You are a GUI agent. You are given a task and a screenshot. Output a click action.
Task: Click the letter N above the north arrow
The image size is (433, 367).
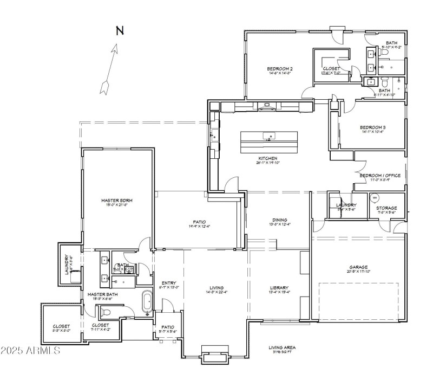click(120, 31)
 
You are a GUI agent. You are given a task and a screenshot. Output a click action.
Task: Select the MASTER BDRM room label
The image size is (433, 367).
click(116, 201)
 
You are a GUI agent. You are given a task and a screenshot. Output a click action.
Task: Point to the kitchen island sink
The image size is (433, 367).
click(268, 136)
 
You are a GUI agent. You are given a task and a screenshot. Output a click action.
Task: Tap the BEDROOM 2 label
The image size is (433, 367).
click(280, 69)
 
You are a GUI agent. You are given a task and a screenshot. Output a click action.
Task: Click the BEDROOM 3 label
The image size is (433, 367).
click(373, 128)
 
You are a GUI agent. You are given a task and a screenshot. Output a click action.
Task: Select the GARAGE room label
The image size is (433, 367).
click(358, 267)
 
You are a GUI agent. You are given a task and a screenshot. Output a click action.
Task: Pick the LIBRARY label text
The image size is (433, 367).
click(279, 288)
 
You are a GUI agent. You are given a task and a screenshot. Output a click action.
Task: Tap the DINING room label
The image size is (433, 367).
click(280, 220)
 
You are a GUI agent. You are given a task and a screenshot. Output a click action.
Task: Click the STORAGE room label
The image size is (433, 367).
click(386, 208)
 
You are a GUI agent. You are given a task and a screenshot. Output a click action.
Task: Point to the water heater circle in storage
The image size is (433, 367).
click(373, 198)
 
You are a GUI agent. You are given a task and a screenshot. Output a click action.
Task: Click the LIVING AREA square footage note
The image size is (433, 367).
click(282, 347)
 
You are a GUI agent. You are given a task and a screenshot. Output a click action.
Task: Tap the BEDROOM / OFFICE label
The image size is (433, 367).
click(379, 176)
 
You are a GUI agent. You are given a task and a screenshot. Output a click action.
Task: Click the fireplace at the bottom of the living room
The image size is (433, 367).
click(216, 355)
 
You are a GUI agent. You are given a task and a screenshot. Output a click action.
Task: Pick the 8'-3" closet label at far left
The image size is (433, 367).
click(61, 326)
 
